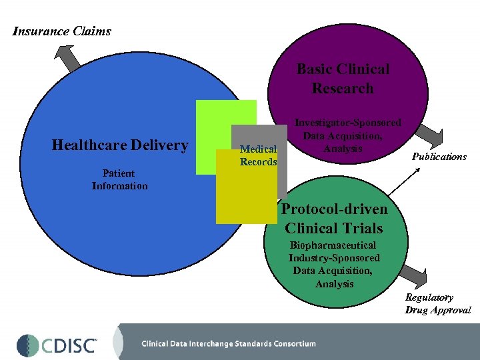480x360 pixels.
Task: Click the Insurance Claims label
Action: click(62, 31)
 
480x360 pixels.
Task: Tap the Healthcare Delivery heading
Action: click(120, 145)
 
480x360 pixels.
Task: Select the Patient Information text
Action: click(119, 180)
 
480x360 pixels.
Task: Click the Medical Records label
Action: click(258, 156)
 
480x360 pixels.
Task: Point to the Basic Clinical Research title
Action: click(343, 79)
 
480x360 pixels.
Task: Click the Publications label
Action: click(439, 157)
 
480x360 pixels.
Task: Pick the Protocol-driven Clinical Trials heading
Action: click(334, 218)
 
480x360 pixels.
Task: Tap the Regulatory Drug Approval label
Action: click(437, 304)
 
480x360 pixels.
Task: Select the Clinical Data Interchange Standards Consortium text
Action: click(228, 344)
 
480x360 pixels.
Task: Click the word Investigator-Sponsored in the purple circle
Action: click(348, 123)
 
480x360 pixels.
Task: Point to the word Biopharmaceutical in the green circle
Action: click(332, 245)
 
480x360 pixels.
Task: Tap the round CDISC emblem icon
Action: click(28, 345)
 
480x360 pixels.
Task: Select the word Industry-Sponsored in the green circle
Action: click(334, 258)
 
